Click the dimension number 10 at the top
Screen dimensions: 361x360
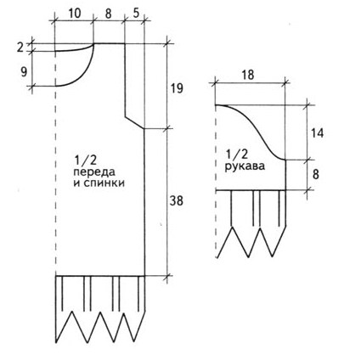pos(75,13)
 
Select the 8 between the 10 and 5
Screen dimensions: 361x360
pos(108,14)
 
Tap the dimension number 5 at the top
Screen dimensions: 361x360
pos(136,13)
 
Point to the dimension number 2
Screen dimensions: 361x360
pos(20,48)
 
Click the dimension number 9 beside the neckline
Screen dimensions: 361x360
pos(24,72)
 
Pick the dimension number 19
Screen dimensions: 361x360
pos(177,88)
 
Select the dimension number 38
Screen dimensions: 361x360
pos(177,200)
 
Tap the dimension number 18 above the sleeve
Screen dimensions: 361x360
pos(248,75)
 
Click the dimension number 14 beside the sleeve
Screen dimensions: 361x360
pos(317,132)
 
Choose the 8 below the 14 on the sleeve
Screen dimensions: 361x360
pos(316,174)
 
